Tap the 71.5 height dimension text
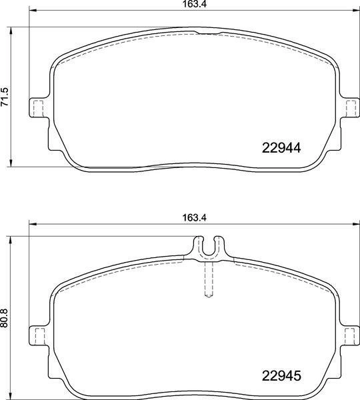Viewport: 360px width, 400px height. [x=5, y=97]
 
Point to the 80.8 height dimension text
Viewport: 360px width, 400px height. [x=5, y=313]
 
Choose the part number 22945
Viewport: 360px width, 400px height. [x=280, y=375]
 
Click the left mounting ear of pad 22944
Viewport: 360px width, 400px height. [x=38, y=107]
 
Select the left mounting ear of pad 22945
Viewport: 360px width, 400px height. [x=38, y=334]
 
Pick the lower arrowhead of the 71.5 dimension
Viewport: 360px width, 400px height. [x=11, y=163]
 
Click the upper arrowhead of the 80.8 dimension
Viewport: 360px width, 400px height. [x=11, y=239]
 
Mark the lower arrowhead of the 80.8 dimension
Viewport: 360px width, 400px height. [x=11, y=390]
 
